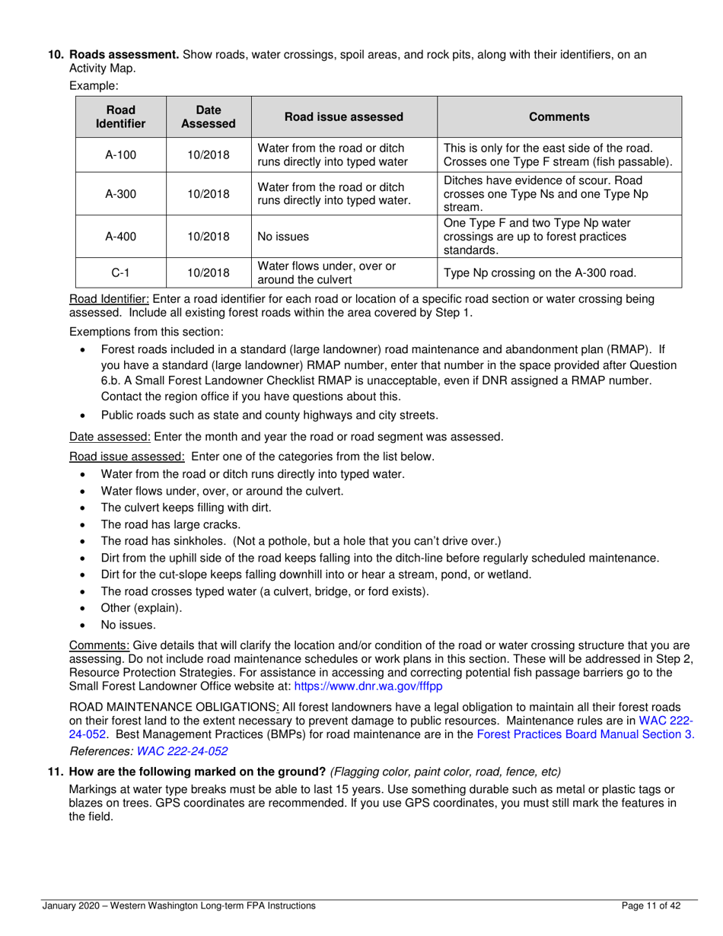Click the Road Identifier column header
tap(120, 116)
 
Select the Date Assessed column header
tap(209, 116)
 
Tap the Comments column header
tap(559, 116)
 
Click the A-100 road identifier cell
tap(120, 155)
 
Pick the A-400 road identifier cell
tap(120, 237)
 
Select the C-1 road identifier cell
tap(120, 272)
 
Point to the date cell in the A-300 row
tap(209, 194)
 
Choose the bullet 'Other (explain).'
tap(142, 607)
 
